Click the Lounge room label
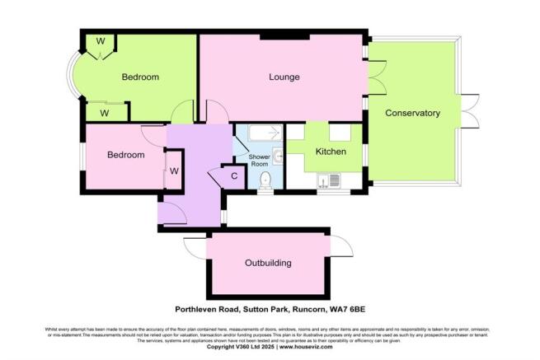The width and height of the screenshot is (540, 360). point(283,77)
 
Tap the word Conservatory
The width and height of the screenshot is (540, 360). point(412,113)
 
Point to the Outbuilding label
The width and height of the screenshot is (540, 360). point(268,264)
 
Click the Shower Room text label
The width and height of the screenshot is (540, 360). point(260,160)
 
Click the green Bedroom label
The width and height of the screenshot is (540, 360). point(140,77)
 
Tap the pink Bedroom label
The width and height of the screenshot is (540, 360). point(125,155)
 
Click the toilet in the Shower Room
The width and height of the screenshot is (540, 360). point(265,181)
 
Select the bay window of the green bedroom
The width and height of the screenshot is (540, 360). point(74,78)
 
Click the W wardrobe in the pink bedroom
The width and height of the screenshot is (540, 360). point(174,171)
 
